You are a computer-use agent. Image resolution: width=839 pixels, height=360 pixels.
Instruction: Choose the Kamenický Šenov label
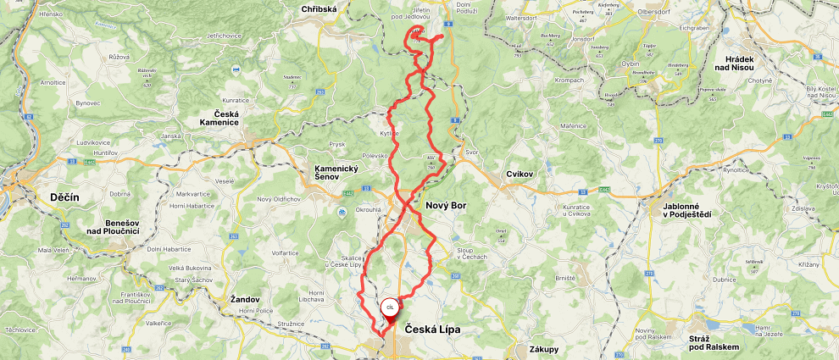point(336,171)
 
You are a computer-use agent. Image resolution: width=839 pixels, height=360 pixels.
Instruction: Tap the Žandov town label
point(246,299)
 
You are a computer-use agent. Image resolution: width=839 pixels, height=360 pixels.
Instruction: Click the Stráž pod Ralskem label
point(714,341)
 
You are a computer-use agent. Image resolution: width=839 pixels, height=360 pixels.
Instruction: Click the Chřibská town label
point(319,9)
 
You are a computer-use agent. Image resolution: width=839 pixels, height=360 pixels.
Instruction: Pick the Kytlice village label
point(389,134)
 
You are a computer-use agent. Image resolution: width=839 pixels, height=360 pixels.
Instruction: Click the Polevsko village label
point(375,156)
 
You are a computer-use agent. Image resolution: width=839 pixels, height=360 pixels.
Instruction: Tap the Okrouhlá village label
point(368,208)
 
